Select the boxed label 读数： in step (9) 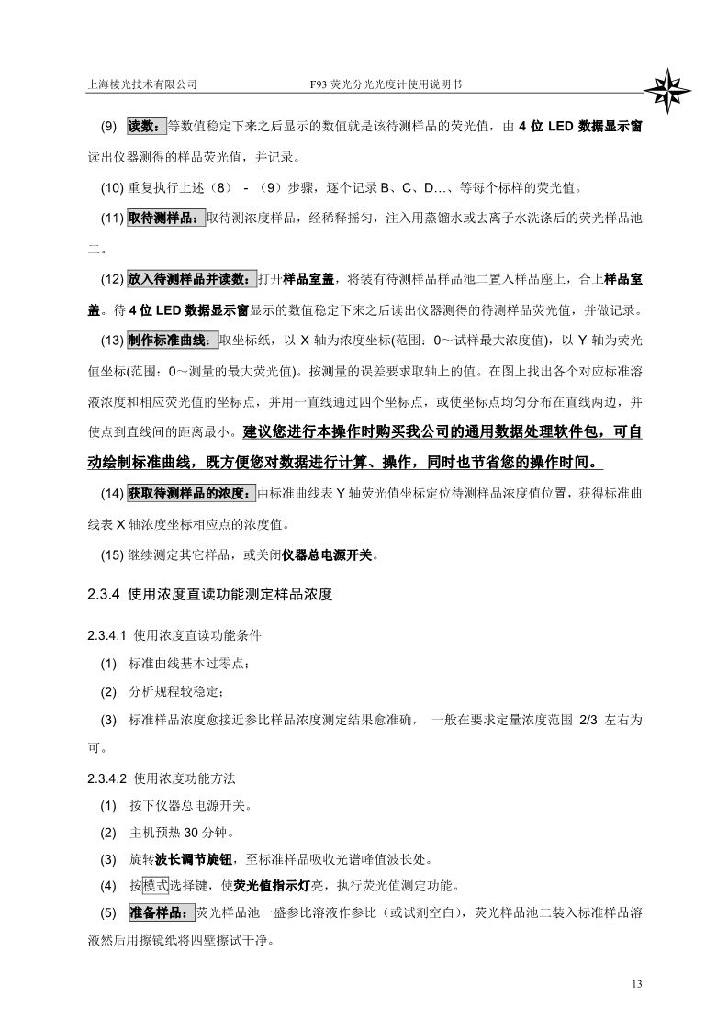pyautogui.click(x=146, y=127)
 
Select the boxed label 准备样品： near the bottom pyautogui.click(x=160, y=913)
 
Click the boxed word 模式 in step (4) pyautogui.click(x=156, y=886)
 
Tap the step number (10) pyautogui.click(x=112, y=189)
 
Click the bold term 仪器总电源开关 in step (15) pyautogui.click(x=328, y=555)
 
